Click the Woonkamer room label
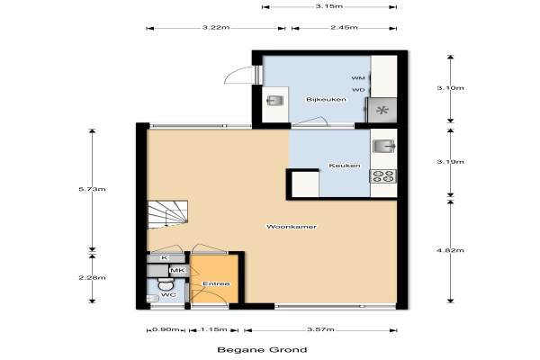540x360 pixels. (x=292, y=227)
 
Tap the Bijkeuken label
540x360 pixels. (x=326, y=100)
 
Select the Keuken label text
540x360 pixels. (x=345, y=166)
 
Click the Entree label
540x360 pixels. (x=216, y=283)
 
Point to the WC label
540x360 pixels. (x=169, y=295)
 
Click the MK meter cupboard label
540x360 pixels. (x=177, y=270)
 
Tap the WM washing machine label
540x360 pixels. (x=358, y=78)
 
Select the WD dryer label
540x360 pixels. (x=358, y=90)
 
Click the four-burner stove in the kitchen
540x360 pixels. (x=383, y=176)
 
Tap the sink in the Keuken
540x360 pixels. (x=384, y=146)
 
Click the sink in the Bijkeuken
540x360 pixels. (x=275, y=101)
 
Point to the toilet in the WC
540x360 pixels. (x=166, y=284)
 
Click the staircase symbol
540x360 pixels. (x=167, y=214)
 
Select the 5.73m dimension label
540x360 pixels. (x=93, y=189)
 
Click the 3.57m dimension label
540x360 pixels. (x=320, y=329)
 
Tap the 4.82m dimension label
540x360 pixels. (x=450, y=250)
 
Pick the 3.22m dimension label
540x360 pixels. (x=216, y=28)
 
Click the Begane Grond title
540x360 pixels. (x=262, y=350)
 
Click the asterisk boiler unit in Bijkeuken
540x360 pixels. (x=382, y=110)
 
